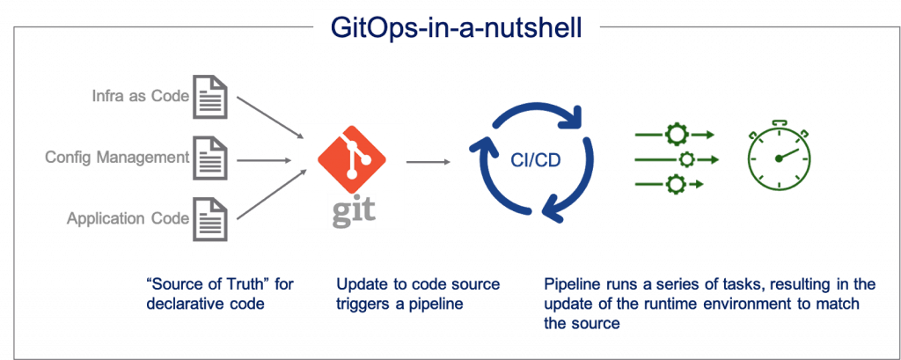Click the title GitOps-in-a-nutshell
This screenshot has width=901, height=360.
(x=456, y=26)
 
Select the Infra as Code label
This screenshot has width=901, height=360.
(x=140, y=95)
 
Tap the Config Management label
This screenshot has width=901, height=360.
(x=117, y=158)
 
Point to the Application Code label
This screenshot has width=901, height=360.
(x=128, y=218)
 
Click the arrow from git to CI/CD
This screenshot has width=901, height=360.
(x=430, y=161)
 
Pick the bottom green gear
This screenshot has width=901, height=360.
(x=678, y=183)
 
